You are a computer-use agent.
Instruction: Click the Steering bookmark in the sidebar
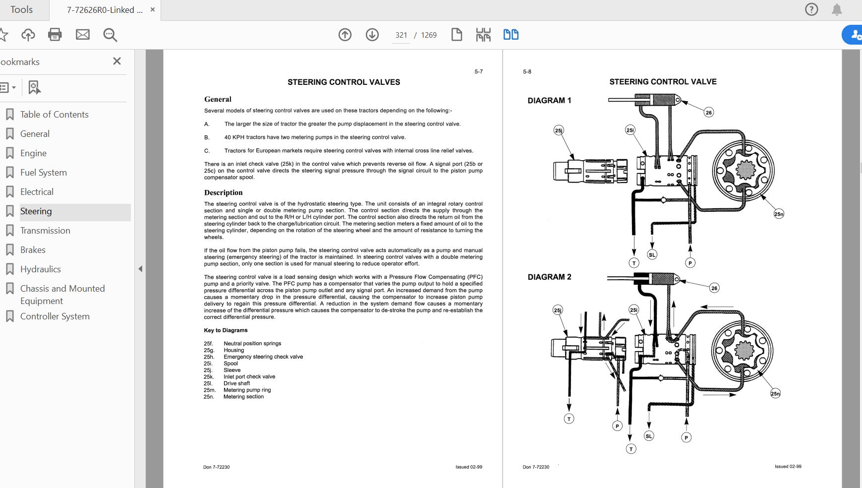[x=36, y=211]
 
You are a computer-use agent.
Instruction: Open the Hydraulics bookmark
[x=40, y=269]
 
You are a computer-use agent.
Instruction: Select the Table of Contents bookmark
[x=54, y=115]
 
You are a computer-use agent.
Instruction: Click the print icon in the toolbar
[x=55, y=35]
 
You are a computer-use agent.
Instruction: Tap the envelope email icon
[x=83, y=35]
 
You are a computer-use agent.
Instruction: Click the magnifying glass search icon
[x=110, y=35]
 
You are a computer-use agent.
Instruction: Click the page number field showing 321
[x=401, y=35]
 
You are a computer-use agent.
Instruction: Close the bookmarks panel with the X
[x=117, y=61]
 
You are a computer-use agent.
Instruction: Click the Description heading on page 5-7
[x=223, y=192]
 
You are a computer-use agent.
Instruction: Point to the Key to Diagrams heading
[x=226, y=330]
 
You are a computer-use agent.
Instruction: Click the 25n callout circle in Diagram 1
[x=779, y=214]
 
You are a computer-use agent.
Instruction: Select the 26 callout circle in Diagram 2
[x=714, y=288]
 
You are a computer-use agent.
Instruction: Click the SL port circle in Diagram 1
[x=652, y=254]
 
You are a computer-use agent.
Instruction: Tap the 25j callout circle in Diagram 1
[x=559, y=130]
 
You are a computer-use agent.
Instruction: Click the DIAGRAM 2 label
[x=549, y=277]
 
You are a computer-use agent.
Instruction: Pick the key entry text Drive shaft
[x=236, y=383]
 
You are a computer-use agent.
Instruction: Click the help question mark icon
[x=811, y=9]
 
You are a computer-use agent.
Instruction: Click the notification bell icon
[x=837, y=9]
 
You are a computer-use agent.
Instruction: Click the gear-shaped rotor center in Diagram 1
[x=745, y=171]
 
